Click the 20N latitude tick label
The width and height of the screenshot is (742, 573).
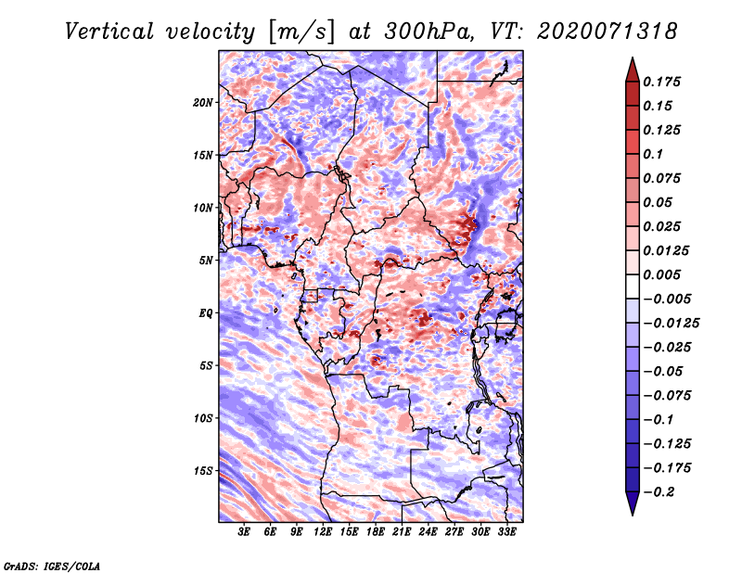pyautogui.click(x=204, y=102)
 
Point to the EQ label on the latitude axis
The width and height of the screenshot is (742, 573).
pyautogui.click(x=206, y=313)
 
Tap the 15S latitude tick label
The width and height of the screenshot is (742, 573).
pyautogui.click(x=204, y=471)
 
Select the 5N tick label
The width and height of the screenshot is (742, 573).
pyautogui.click(x=206, y=261)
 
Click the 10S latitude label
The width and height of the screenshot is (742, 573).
pyautogui.click(x=204, y=418)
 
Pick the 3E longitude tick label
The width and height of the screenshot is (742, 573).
pyautogui.click(x=245, y=533)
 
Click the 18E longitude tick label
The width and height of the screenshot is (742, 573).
pyautogui.click(x=376, y=533)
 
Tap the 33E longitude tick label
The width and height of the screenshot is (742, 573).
pyautogui.click(x=507, y=533)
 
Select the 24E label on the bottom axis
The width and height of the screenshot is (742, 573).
pyautogui.click(x=429, y=533)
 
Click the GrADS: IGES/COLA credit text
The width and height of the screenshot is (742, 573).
pyautogui.click(x=51, y=565)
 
